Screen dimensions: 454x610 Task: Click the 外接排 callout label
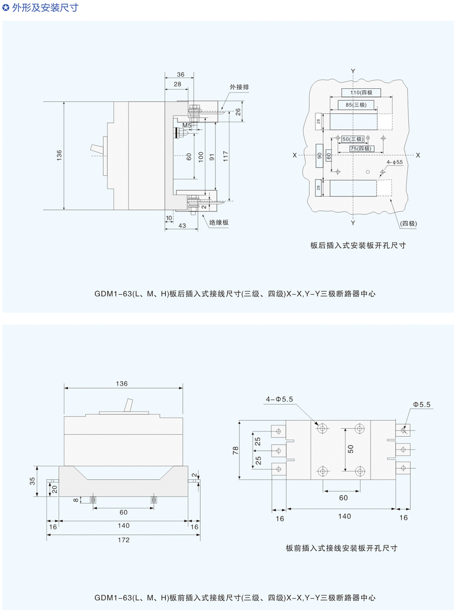pyautogui.click(x=239, y=87)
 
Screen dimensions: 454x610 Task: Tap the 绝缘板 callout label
pyautogui.click(x=219, y=222)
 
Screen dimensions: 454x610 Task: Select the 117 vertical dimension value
pyautogui.click(x=225, y=156)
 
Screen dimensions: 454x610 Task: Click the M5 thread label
pyautogui.click(x=187, y=125)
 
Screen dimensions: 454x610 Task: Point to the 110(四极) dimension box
pyautogui.click(x=361, y=92)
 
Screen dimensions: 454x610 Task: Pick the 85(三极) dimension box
pyautogui.click(x=356, y=105)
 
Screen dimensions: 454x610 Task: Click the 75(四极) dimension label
pyautogui.click(x=361, y=149)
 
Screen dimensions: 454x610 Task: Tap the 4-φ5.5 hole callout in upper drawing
pyautogui.click(x=395, y=162)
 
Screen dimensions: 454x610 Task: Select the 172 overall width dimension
pyautogui.click(x=124, y=540)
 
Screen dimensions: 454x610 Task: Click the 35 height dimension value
pyautogui.click(x=32, y=481)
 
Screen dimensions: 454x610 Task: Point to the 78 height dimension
pyautogui.click(x=235, y=450)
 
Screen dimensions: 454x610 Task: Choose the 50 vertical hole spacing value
pyautogui.click(x=351, y=449)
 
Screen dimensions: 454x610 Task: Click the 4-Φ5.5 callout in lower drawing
pyautogui.click(x=279, y=399)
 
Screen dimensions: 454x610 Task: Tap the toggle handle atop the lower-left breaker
pyautogui.click(x=128, y=405)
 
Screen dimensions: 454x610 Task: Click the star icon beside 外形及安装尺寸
pyautogui.click(x=6, y=7)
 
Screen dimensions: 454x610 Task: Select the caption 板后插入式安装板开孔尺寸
pyautogui.click(x=358, y=245)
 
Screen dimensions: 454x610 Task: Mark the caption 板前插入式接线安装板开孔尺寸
pyautogui.click(x=342, y=548)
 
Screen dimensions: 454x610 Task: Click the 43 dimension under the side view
pyautogui.click(x=182, y=225)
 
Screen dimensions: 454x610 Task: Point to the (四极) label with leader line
pyautogui.click(x=409, y=223)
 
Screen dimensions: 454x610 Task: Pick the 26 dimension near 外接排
pyautogui.click(x=238, y=112)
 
